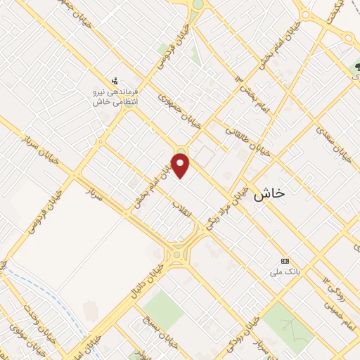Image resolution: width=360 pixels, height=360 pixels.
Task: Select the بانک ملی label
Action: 289,269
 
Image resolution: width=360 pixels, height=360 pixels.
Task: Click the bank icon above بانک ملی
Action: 284,259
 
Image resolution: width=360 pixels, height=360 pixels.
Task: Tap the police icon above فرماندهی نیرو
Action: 115,81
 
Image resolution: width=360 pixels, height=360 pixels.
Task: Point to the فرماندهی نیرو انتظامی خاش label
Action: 117,96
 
